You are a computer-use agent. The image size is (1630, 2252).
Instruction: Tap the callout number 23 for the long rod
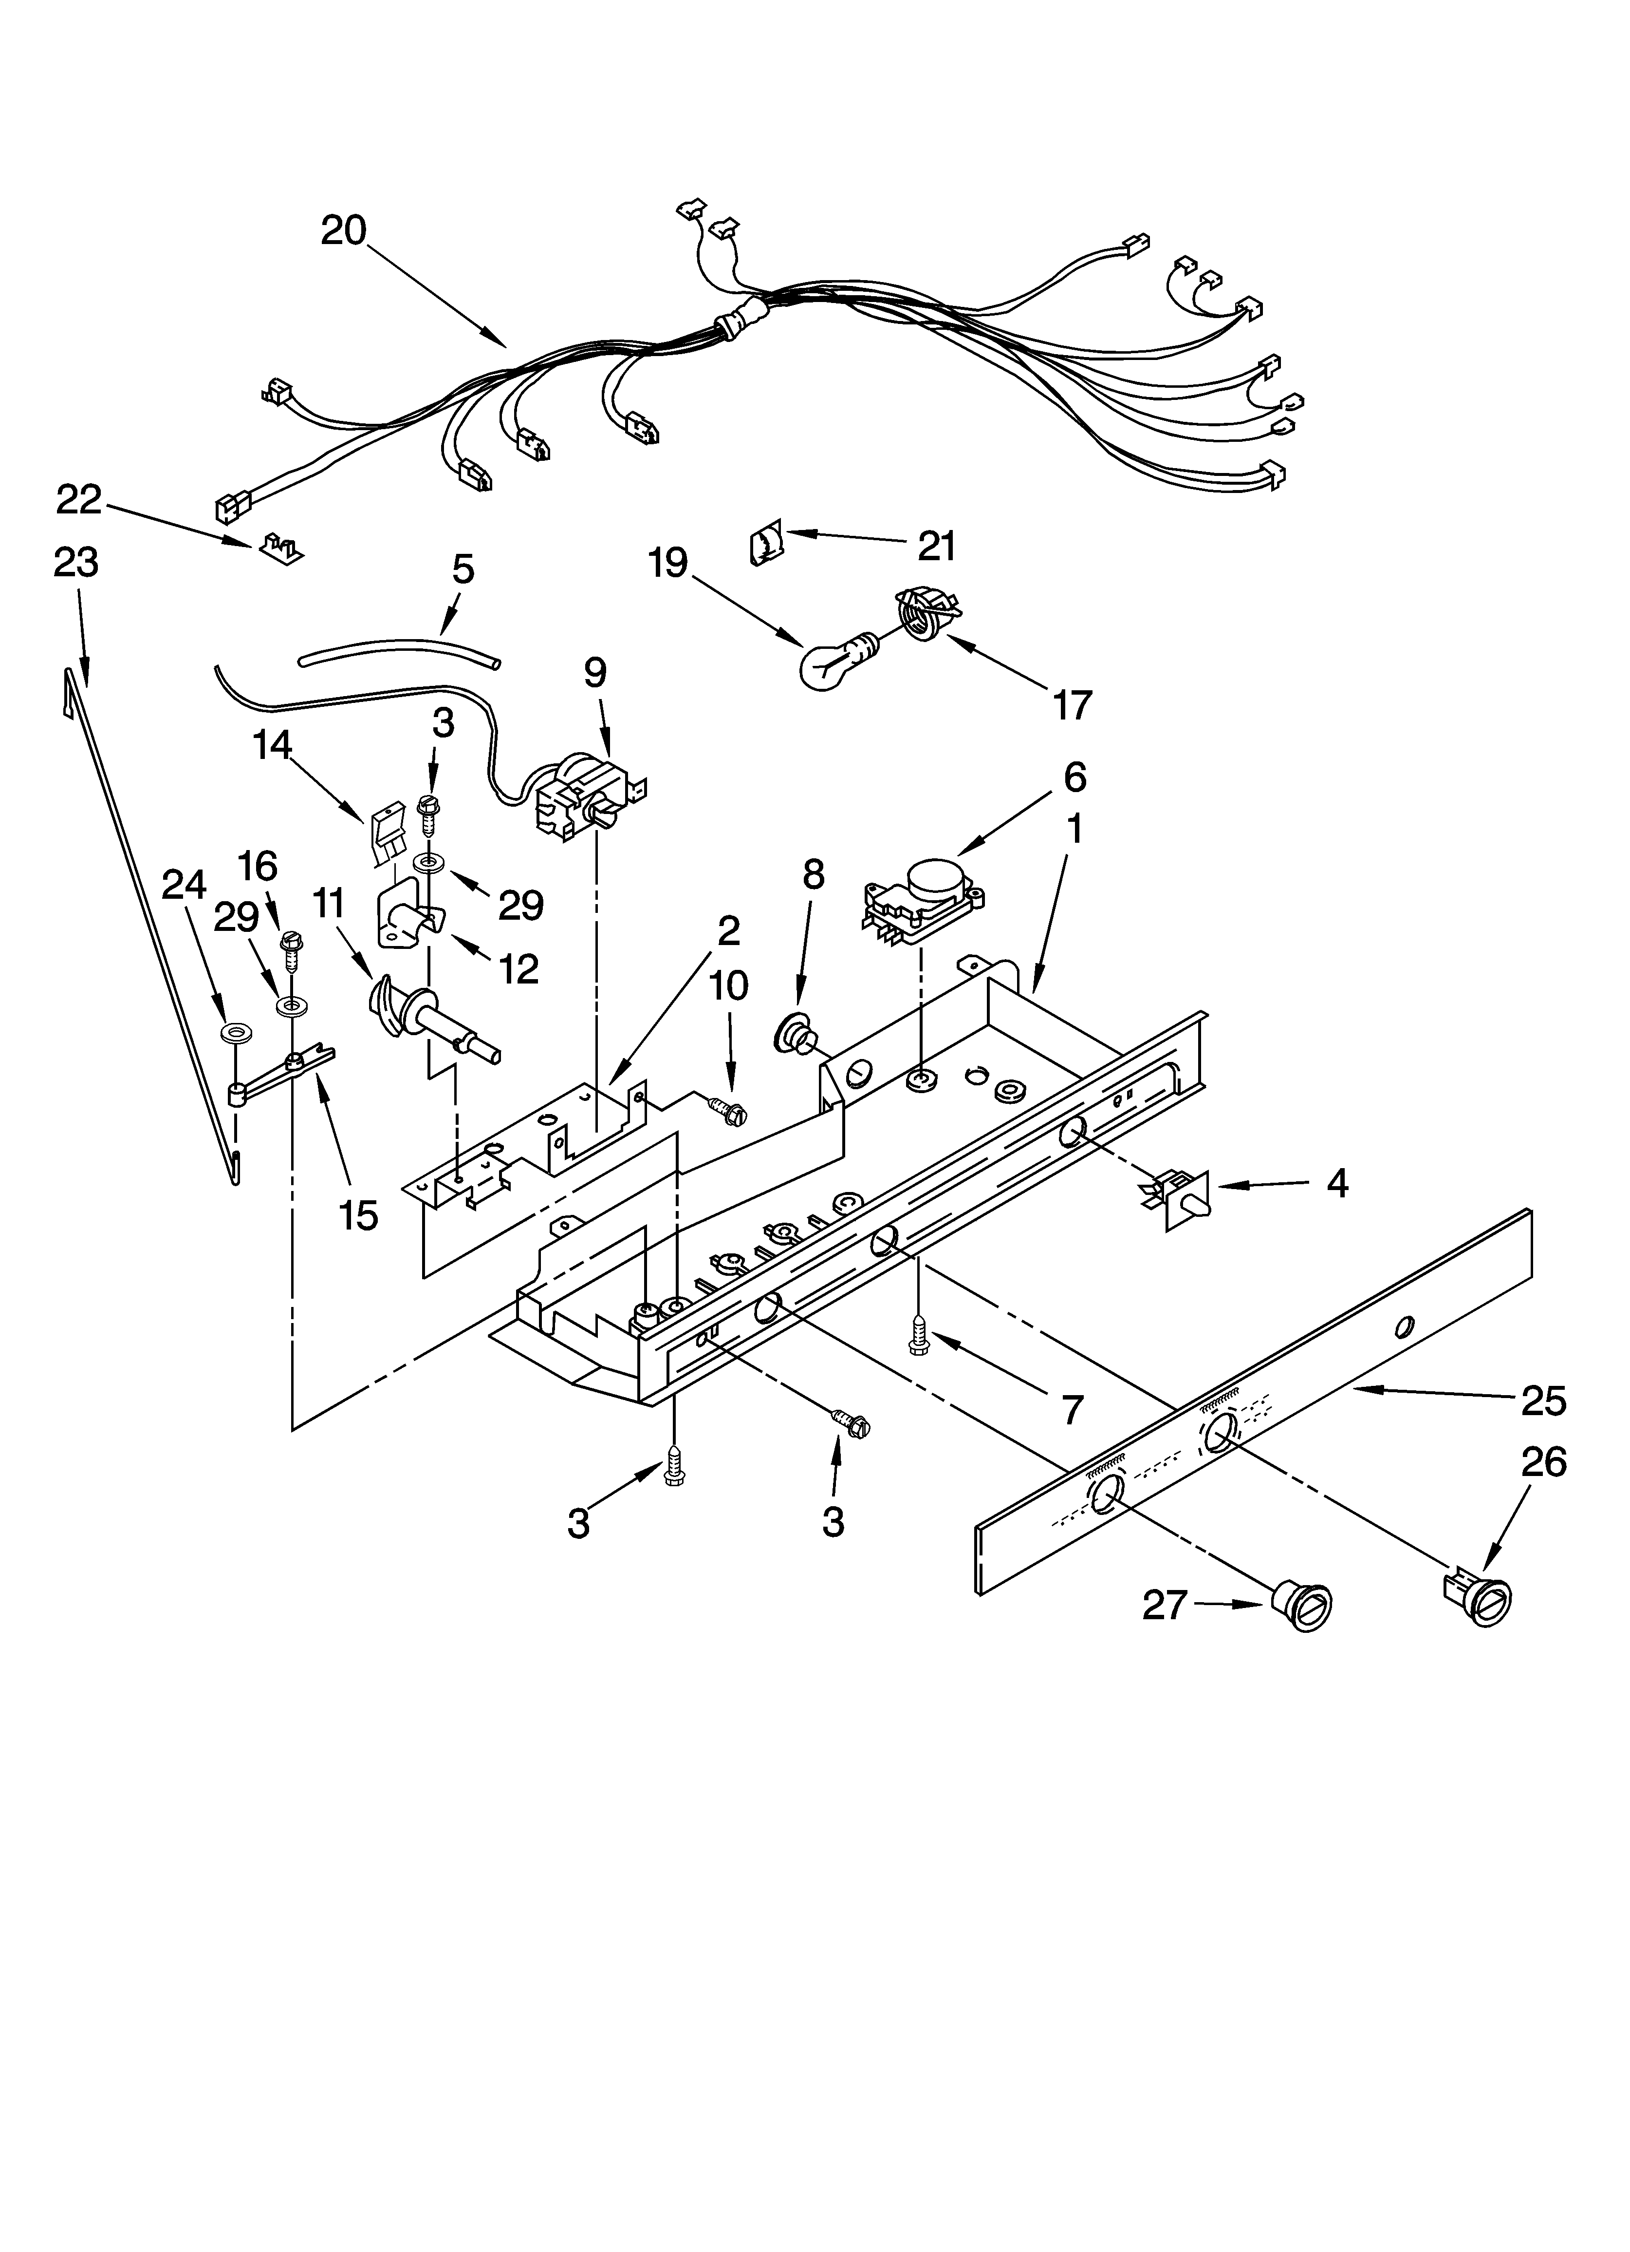[76, 563]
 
